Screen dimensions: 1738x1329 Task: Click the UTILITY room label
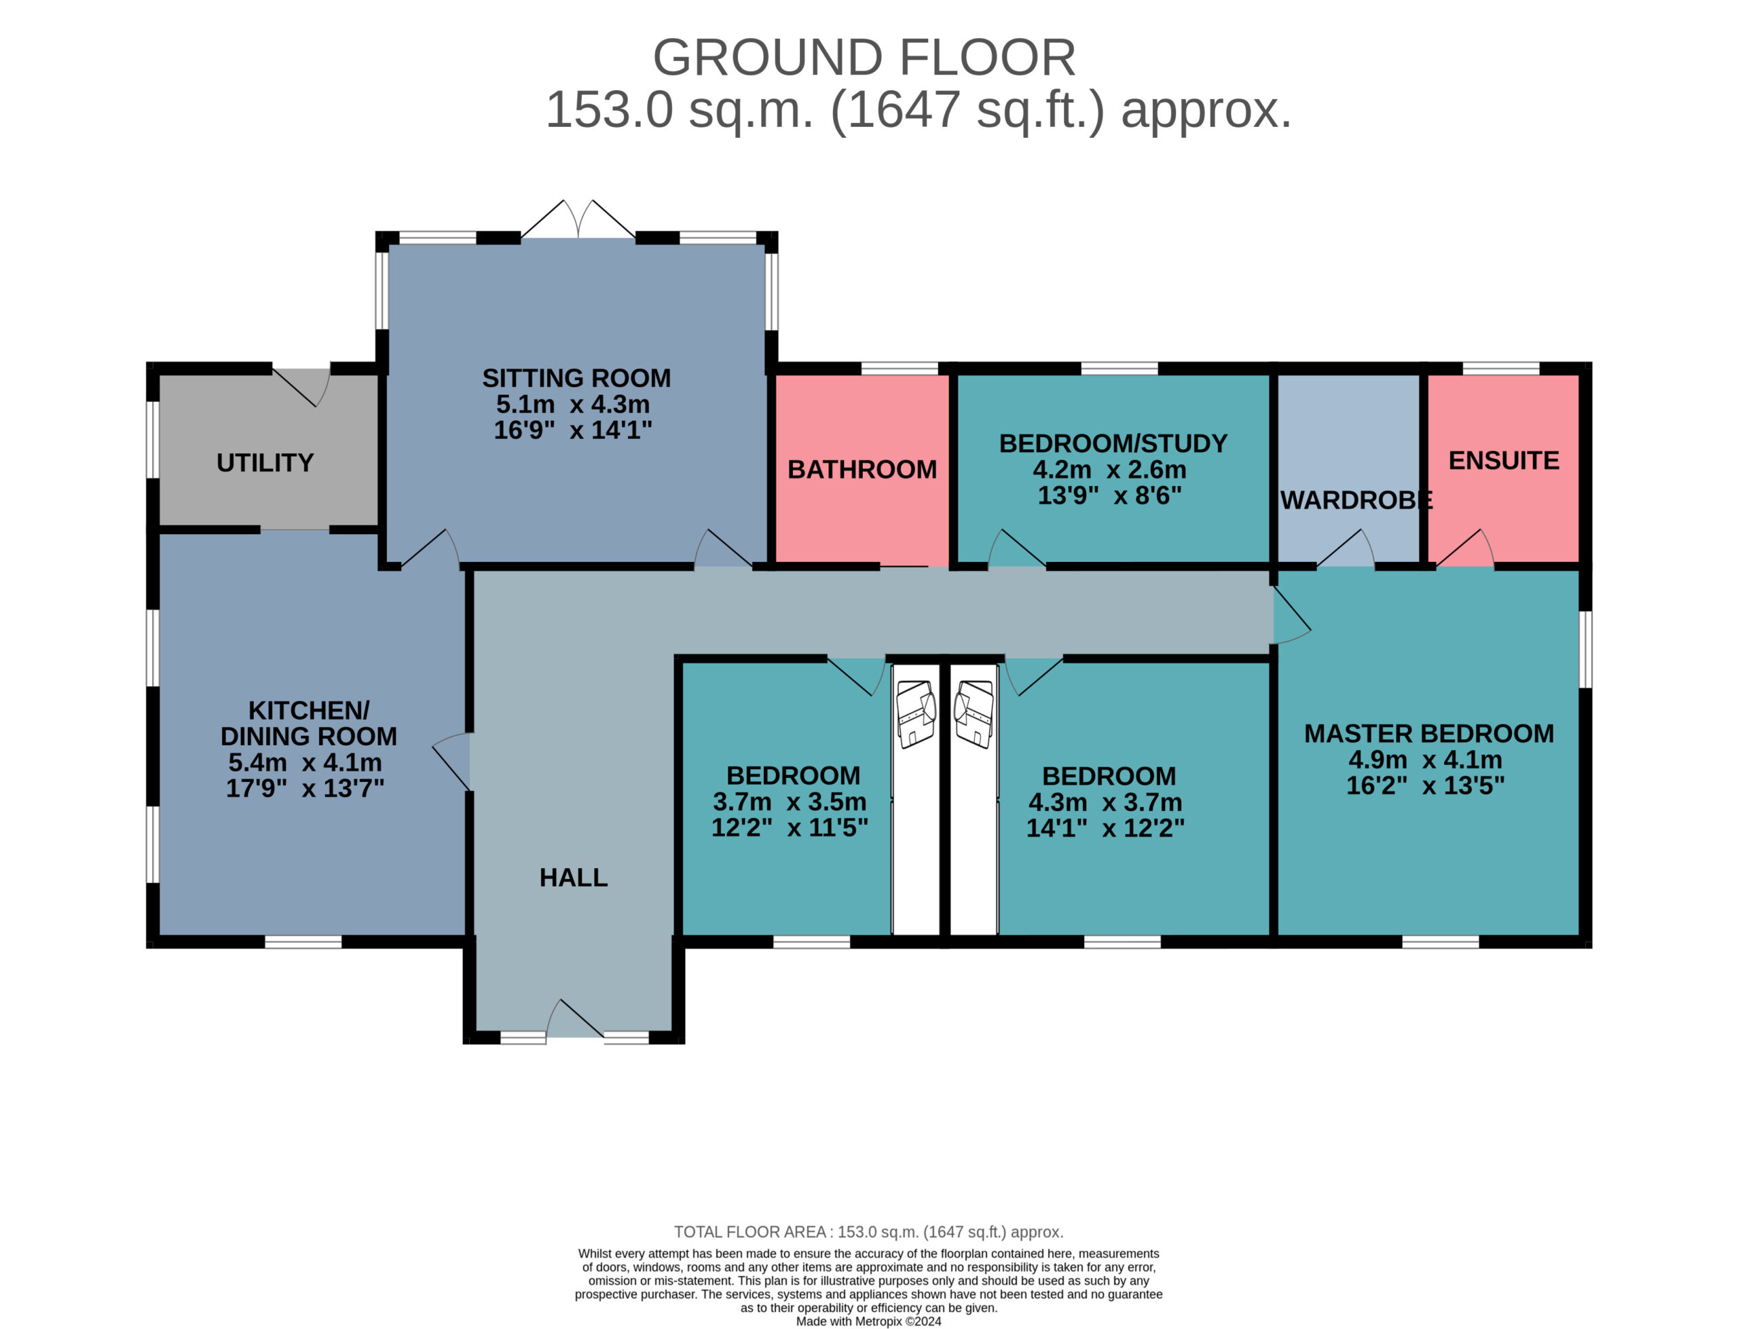point(265,463)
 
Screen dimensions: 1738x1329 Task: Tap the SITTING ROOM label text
point(576,378)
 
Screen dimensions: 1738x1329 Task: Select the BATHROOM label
point(862,470)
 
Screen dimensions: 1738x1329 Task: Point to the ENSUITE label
point(1504,460)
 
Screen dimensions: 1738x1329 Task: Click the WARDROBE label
point(1356,500)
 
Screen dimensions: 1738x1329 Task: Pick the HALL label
point(574,878)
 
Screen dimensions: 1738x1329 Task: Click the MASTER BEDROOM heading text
point(1428,733)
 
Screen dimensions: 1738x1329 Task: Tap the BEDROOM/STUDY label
point(1113,443)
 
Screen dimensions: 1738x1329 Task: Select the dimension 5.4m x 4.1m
point(306,763)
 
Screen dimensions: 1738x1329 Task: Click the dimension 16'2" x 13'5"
point(1426,785)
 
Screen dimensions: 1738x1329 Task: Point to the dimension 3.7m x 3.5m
point(790,802)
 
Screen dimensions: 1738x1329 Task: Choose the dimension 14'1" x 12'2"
point(1105,828)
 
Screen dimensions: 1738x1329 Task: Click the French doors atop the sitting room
point(578,219)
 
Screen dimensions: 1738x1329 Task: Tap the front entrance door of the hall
point(575,1019)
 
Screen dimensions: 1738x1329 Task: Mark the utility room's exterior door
point(301,387)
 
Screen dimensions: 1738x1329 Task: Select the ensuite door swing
point(1465,548)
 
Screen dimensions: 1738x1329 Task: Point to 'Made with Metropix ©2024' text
point(868,1321)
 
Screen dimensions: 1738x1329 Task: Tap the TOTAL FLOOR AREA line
point(868,1232)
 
